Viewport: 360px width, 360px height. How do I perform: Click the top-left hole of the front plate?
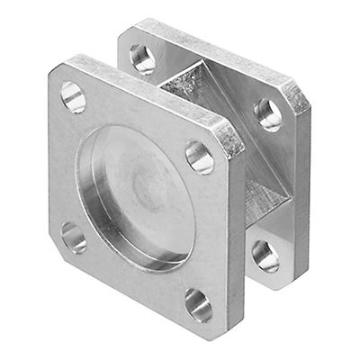(x=73, y=96)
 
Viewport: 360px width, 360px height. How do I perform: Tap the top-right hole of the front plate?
(x=199, y=157)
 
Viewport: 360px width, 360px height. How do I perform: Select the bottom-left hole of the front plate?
(x=74, y=237)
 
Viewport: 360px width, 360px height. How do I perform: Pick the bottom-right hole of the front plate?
(x=199, y=305)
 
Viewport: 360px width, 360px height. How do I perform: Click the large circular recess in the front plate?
(x=136, y=198)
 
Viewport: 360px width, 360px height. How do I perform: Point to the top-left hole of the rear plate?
(x=142, y=58)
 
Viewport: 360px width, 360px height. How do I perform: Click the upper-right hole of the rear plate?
(x=267, y=114)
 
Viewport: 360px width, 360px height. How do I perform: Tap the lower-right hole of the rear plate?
(x=265, y=255)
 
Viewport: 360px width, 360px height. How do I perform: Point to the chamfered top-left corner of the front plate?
(x=56, y=70)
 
